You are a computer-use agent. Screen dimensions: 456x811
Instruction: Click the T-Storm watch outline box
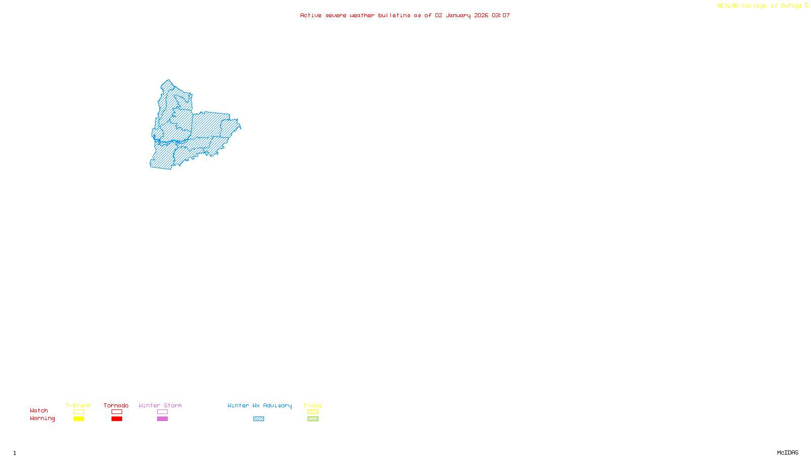click(x=79, y=412)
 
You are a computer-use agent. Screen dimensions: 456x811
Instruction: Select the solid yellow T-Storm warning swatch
click(x=79, y=419)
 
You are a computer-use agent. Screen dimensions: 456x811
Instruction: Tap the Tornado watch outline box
click(x=117, y=412)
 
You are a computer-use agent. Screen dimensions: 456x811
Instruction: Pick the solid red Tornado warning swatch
click(x=117, y=419)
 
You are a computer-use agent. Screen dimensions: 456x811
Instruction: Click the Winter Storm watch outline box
click(x=162, y=412)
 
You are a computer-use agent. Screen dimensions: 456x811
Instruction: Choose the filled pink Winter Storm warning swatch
click(x=162, y=419)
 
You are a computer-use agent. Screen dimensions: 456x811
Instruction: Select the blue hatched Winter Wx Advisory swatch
click(x=259, y=419)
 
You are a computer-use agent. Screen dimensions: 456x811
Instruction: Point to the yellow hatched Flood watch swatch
click(x=313, y=412)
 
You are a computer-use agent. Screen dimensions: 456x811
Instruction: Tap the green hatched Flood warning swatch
click(x=313, y=419)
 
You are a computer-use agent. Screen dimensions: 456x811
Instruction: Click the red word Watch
click(x=39, y=411)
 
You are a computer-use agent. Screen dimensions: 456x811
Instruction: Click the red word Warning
click(x=43, y=419)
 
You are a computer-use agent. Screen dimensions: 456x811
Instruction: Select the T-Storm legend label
click(x=78, y=405)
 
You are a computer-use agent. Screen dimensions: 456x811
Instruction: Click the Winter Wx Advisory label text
click(x=260, y=405)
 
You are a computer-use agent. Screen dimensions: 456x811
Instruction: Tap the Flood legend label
click(x=313, y=405)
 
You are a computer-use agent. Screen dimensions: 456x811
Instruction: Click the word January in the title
click(x=458, y=15)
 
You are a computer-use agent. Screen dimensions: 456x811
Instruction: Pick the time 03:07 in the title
click(x=501, y=15)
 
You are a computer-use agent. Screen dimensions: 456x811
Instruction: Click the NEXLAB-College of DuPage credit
click(x=759, y=6)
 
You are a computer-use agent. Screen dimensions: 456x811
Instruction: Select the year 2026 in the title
click(x=482, y=15)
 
